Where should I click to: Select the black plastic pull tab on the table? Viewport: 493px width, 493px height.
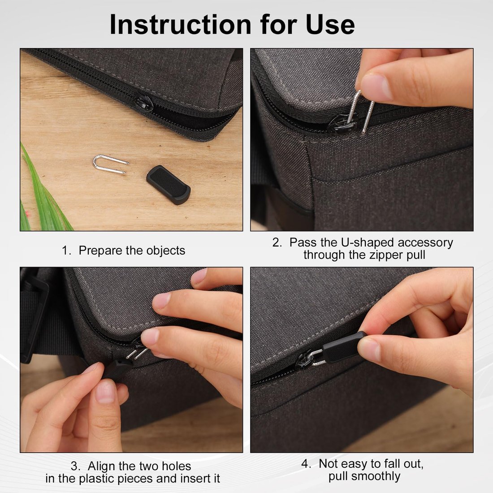tap(168, 184)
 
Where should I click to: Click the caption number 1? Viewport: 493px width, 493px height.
tap(66, 251)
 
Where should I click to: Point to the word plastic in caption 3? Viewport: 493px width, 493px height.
tap(97, 479)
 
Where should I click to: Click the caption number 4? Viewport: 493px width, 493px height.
tap(306, 464)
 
